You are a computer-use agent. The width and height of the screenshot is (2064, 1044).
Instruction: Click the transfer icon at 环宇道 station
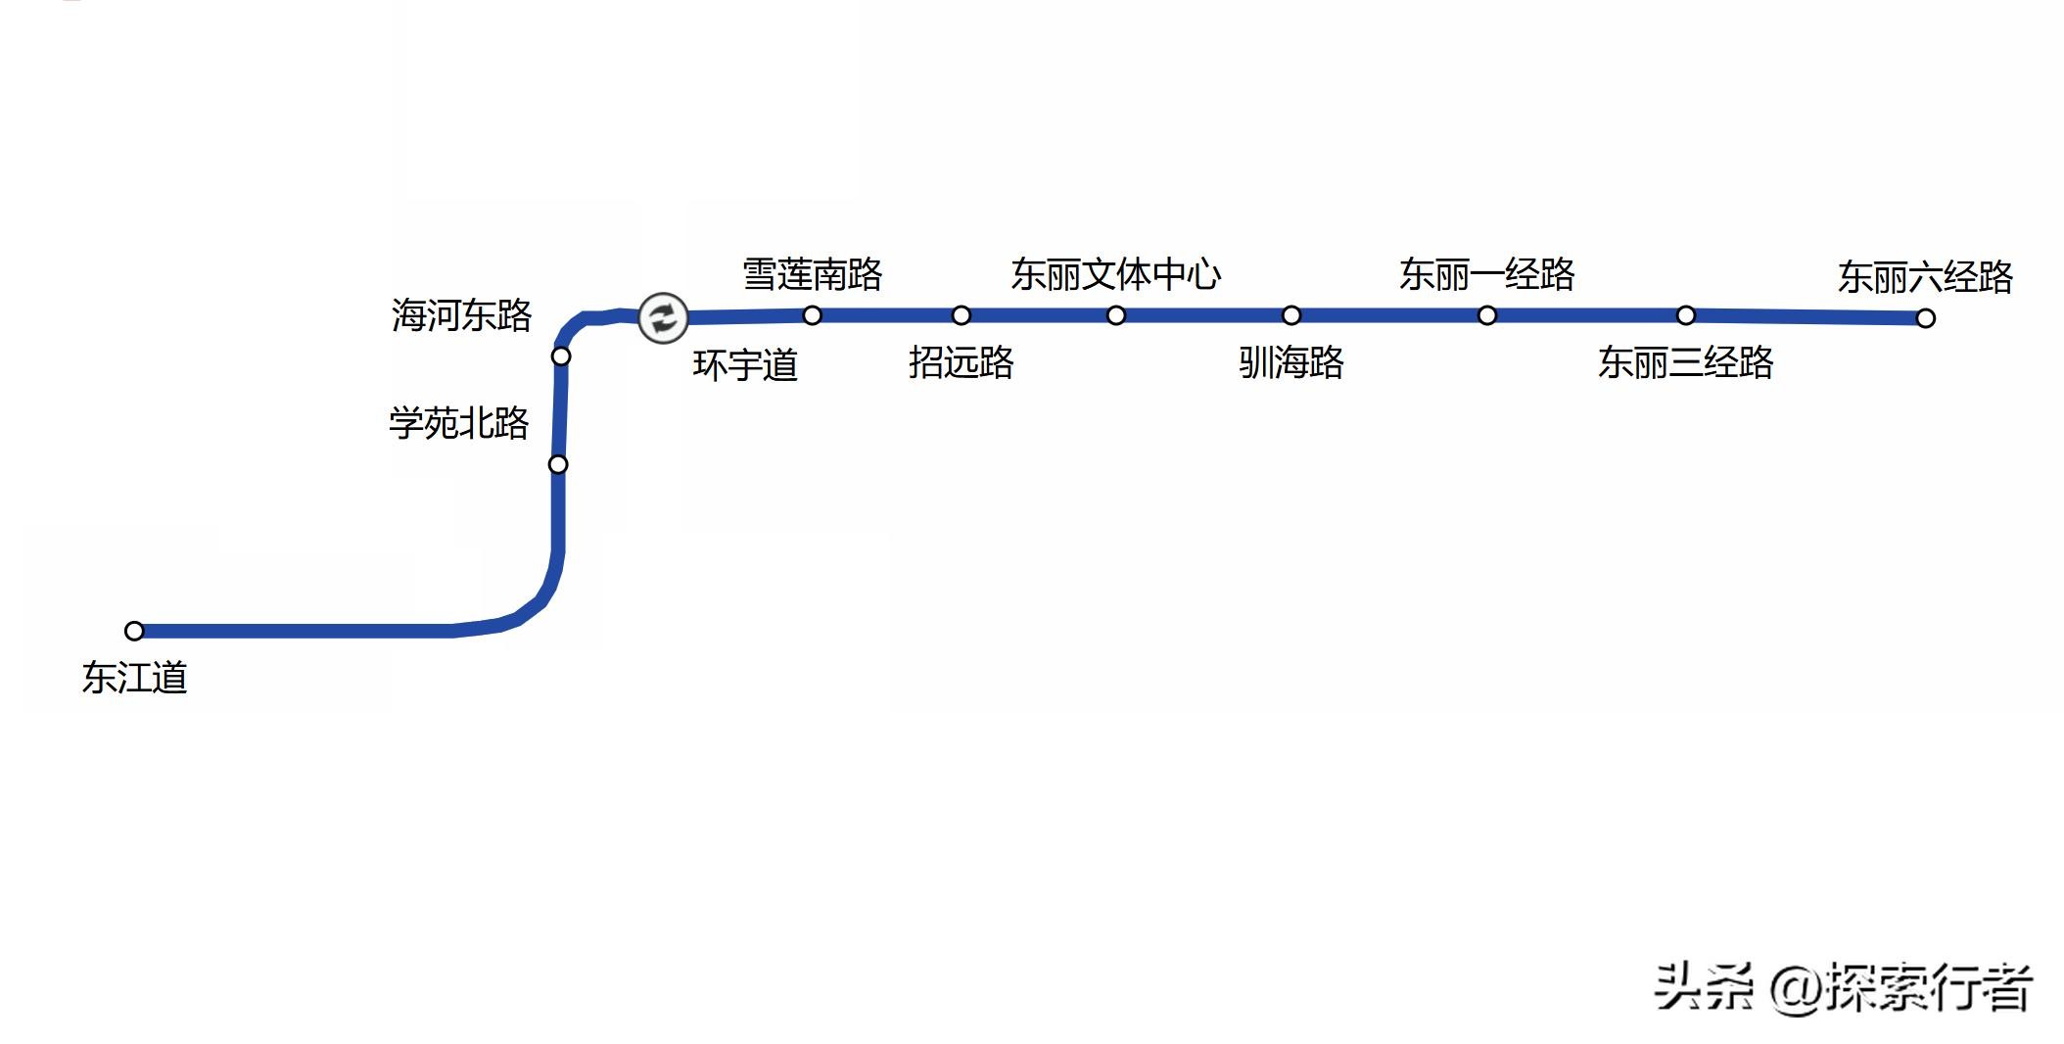click(663, 317)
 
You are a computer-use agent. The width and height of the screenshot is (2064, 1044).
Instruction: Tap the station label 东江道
click(135, 678)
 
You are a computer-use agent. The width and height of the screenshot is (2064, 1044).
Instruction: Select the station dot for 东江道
click(135, 631)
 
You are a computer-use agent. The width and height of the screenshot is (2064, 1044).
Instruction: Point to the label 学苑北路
click(459, 423)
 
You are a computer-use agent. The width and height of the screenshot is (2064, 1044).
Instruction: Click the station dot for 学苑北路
click(558, 464)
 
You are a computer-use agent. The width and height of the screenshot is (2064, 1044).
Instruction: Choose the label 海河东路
click(461, 315)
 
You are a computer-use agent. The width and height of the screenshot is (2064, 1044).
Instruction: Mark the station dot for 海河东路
click(561, 356)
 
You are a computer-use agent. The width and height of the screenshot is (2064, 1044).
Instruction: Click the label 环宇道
click(745, 365)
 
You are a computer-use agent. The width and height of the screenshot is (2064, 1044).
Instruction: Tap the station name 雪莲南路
click(813, 274)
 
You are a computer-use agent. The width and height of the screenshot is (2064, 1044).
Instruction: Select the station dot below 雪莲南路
click(813, 315)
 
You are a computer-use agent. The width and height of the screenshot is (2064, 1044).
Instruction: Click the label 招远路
click(961, 362)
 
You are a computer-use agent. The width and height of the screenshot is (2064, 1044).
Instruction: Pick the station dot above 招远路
click(962, 315)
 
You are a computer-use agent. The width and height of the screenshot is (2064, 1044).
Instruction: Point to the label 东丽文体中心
click(1116, 274)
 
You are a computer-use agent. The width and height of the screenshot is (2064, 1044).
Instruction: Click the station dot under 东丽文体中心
click(1116, 315)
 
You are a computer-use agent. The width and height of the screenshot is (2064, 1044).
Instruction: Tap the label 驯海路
click(1291, 362)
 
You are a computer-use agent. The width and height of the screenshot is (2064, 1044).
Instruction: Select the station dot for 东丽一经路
click(1487, 315)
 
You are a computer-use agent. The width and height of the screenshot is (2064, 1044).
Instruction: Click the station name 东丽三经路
click(1686, 362)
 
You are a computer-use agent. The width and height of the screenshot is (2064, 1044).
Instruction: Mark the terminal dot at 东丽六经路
click(1926, 318)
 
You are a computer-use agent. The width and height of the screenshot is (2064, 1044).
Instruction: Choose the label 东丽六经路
click(1925, 277)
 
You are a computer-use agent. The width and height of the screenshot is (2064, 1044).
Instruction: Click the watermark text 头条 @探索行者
click(1844, 987)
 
